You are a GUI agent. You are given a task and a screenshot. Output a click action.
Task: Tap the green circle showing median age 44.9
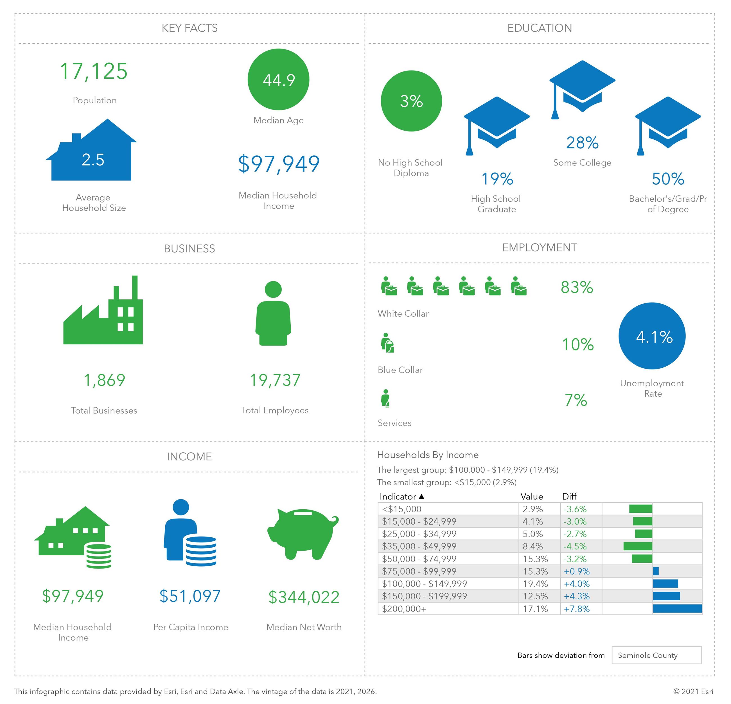pos(278,80)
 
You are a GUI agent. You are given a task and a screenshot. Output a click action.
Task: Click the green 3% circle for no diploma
pos(411,101)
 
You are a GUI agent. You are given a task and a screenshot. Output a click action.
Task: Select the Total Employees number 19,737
pos(275,380)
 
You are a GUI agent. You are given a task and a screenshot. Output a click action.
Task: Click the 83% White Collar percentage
pos(577,287)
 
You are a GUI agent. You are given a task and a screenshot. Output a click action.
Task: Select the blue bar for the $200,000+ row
pos(677,608)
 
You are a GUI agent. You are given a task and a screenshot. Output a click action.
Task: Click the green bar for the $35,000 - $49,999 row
pos(637,546)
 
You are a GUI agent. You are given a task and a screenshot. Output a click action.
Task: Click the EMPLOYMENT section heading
pos(539,247)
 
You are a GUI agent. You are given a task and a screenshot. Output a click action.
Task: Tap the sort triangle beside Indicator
pos(421,496)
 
